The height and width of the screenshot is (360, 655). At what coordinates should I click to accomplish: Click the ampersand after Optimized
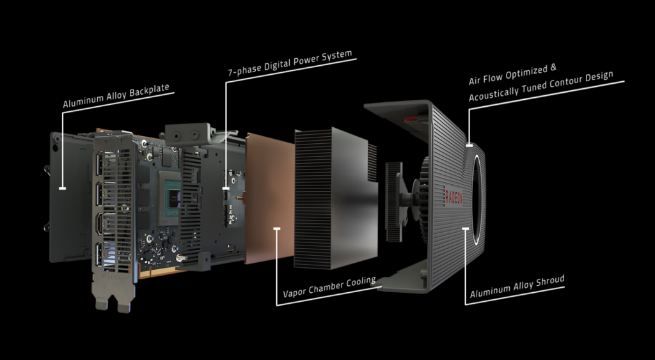(x=553, y=67)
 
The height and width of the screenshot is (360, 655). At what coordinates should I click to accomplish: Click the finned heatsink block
(x=334, y=198)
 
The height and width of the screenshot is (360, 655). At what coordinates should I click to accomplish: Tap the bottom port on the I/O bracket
(x=100, y=254)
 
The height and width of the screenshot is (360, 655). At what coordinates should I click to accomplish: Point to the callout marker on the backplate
(x=62, y=189)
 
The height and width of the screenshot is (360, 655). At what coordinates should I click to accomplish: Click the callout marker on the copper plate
(x=276, y=228)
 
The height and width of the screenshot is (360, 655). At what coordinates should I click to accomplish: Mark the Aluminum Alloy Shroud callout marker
(x=466, y=228)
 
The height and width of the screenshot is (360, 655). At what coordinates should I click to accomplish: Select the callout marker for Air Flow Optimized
(x=469, y=146)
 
